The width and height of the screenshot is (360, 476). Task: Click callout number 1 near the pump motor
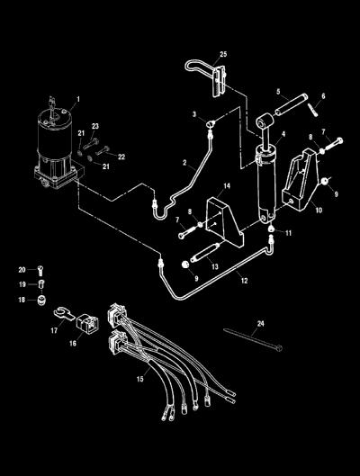[x=78, y=99]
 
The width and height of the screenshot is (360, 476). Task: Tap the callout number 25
[x=223, y=54]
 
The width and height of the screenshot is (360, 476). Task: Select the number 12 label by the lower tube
[x=245, y=281]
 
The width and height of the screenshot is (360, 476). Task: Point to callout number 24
[x=260, y=324]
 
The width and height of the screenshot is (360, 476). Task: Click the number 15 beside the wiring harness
[x=139, y=379]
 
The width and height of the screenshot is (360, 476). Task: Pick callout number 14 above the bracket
[x=227, y=185]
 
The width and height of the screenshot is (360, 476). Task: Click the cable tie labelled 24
[x=253, y=339]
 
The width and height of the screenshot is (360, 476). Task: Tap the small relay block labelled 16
[x=87, y=325]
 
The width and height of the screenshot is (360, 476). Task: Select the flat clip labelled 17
[x=64, y=313]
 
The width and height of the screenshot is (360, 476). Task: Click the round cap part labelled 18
[x=41, y=300]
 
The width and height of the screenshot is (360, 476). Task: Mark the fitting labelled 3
[x=211, y=124]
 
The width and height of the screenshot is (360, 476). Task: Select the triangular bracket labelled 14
[x=225, y=221]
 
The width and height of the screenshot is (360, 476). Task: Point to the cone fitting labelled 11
[x=271, y=229]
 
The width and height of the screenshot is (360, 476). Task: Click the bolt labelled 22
[x=103, y=150]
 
